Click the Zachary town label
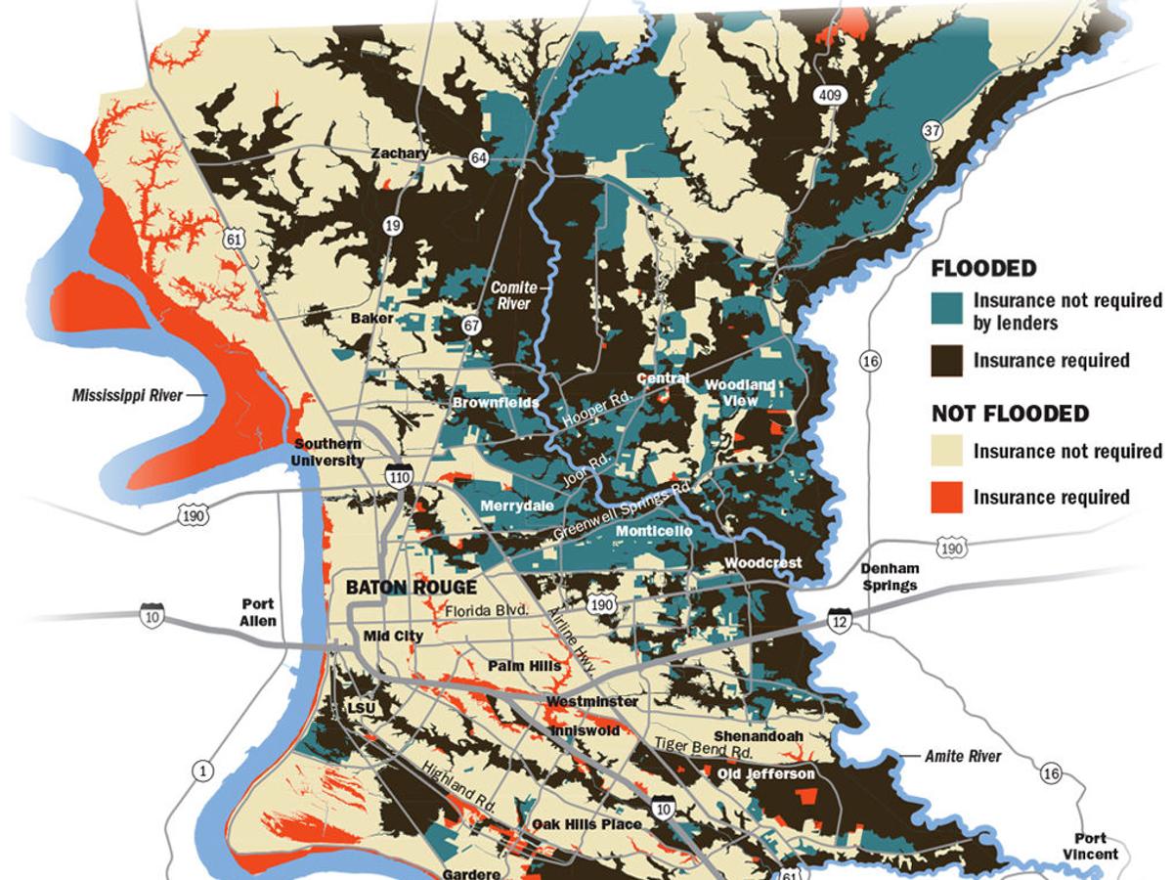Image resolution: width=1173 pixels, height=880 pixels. click(x=399, y=154)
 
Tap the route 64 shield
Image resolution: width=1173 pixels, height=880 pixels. click(x=478, y=158)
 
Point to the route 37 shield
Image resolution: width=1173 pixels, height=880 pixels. click(x=933, y=130)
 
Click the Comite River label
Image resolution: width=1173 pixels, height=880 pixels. click(x=510, y=295)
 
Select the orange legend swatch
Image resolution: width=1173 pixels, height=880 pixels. click(x=946, y=497)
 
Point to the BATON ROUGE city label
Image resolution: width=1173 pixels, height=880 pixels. click(x=411, y=587)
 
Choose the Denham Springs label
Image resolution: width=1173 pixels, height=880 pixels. click(x=891, y=578)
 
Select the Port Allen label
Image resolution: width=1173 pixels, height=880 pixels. click(x=259, y=612)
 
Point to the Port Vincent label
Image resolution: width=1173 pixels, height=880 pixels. click(x=1090, y=846)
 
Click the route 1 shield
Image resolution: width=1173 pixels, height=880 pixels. click(x=202, y=771)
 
